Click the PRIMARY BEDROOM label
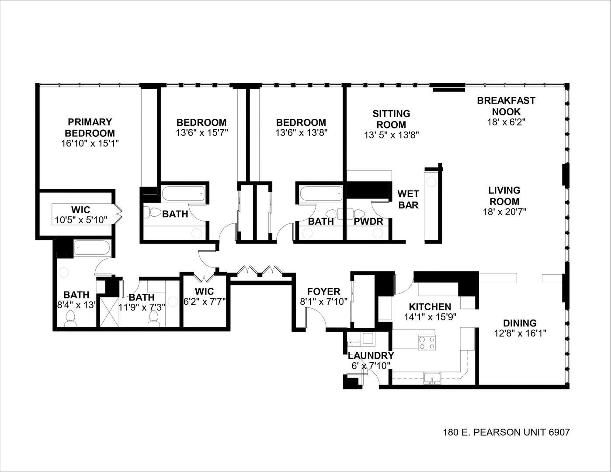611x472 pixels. pos(90,127)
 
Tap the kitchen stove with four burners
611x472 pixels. pos(427,342)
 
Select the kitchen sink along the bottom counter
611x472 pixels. pos(432,378)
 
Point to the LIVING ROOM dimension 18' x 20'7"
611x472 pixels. pos(504,212)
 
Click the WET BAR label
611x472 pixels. pos(408,199)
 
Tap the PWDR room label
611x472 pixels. pos(368,222)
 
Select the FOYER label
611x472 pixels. pos(323,292)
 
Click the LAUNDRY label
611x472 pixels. pos(371,355)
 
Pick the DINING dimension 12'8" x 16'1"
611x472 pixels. pos(520,333)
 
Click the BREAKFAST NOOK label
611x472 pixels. pos(506,106)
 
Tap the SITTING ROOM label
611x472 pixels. pos(391,119)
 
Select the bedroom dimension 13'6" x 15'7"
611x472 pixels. pos(201,132)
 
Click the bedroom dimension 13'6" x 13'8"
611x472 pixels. pos(301,132)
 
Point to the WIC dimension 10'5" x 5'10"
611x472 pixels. pos(81,220)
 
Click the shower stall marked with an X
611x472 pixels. pos(107,312)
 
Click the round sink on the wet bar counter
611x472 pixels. pos(431,180)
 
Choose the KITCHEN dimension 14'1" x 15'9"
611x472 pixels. pos(430,317)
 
